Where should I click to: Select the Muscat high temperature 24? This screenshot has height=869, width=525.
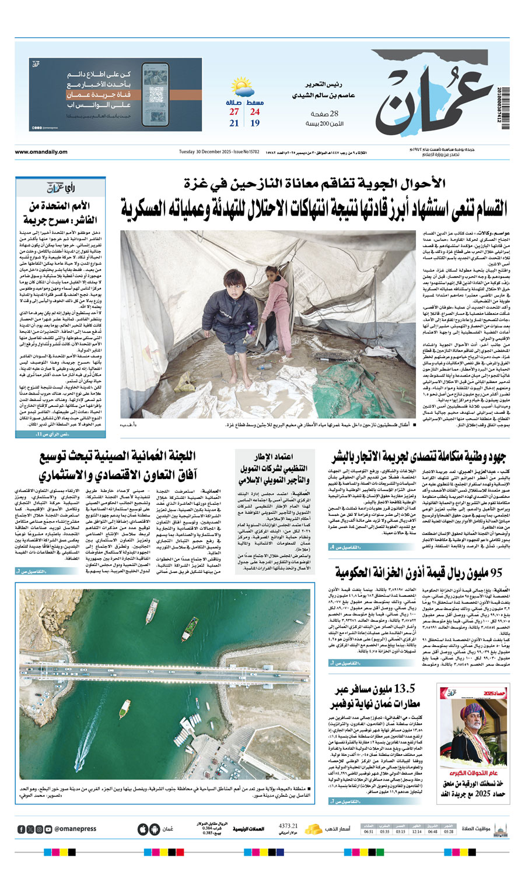[255, 112]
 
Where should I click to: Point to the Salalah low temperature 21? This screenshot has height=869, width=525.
[234, 124]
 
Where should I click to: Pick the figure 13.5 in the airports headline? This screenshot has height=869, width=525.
[404, 689]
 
